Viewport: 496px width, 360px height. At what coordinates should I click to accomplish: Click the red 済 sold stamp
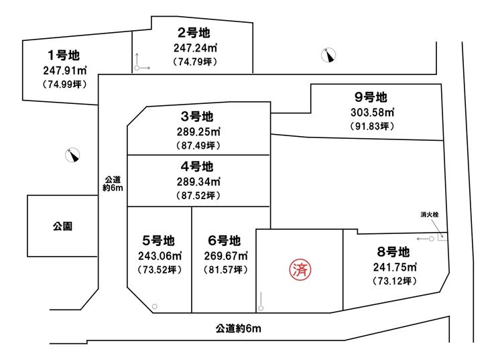[300, 270]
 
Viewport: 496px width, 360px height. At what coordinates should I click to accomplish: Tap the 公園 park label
[62, 226]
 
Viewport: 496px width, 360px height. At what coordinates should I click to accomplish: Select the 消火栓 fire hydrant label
[430, 215]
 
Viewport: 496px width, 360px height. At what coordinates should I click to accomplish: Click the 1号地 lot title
[64, 56]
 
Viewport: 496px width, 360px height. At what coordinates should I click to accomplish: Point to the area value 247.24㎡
[195, 48]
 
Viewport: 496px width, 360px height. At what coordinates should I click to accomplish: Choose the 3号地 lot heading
[197, 117]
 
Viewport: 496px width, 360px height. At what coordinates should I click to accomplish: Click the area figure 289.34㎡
[198, 182]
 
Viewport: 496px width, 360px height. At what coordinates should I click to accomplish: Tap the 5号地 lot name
[158, 241]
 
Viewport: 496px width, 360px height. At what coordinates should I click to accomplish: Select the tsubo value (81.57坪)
[225, 269]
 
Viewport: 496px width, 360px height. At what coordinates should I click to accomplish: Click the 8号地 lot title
[393, 252]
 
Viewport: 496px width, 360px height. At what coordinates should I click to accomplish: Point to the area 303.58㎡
[372, 113]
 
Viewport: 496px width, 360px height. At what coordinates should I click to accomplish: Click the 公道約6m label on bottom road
[239, 328]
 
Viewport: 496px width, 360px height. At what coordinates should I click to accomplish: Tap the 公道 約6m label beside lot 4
[113, 184]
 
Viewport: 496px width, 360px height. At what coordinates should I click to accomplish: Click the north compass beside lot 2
[328, 56]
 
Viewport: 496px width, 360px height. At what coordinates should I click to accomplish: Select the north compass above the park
[72, 155]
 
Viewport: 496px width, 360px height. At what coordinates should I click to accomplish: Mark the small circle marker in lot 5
[155, 306]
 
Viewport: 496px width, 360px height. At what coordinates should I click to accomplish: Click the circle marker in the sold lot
[261, 308]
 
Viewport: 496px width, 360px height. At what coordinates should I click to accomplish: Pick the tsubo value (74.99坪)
[64, 84]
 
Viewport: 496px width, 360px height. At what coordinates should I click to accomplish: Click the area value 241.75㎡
[395, 267]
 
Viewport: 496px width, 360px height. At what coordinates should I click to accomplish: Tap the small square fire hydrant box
[442, 237]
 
